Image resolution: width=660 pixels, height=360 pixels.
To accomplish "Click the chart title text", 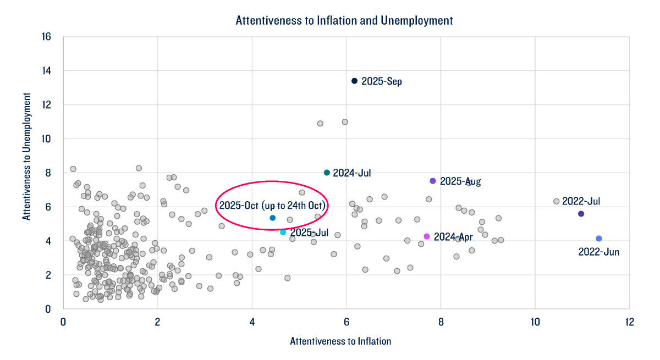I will [344, 21].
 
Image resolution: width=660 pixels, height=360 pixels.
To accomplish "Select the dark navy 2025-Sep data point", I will [355, 81].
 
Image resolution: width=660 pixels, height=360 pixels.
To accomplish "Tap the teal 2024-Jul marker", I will [327, 173].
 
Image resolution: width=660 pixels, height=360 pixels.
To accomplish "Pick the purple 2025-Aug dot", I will [433, 181].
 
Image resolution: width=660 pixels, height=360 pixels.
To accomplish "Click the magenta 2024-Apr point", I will [427, 236].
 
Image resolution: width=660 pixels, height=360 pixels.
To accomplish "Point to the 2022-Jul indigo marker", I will [581, 214].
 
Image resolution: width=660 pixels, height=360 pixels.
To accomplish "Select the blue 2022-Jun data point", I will [599, 239].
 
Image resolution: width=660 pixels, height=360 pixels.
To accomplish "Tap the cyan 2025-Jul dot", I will [283, 232].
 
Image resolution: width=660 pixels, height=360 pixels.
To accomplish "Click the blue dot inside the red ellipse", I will [273, 218].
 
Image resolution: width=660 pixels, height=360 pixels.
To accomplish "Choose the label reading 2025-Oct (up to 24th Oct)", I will [273, 206].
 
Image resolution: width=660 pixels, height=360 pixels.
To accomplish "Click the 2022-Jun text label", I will [599, 252].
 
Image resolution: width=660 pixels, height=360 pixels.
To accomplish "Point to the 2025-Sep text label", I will [382, 81].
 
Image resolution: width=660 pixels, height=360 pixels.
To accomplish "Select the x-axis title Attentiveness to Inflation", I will [340, 341].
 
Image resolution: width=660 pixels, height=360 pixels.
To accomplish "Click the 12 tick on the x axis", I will [629, 321].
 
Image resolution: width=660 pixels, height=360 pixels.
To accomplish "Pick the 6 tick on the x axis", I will [346, 321].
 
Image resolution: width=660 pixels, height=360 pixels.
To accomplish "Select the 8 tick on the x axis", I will [441, 321].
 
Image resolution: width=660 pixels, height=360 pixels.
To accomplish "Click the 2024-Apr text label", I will [453, 237].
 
